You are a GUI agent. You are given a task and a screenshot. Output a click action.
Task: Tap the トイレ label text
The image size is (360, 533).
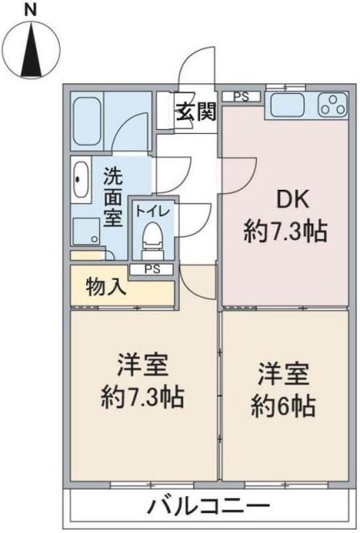[x=152, y=211]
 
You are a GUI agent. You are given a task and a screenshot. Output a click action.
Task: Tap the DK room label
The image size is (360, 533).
[x=282, y=199]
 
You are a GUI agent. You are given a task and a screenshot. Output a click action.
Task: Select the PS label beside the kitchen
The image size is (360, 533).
[x=241, y=97]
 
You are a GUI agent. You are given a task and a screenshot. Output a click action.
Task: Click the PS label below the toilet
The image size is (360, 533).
[x=152, y=268]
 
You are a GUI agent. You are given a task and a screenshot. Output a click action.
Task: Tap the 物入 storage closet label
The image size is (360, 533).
[x=107, y=289]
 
